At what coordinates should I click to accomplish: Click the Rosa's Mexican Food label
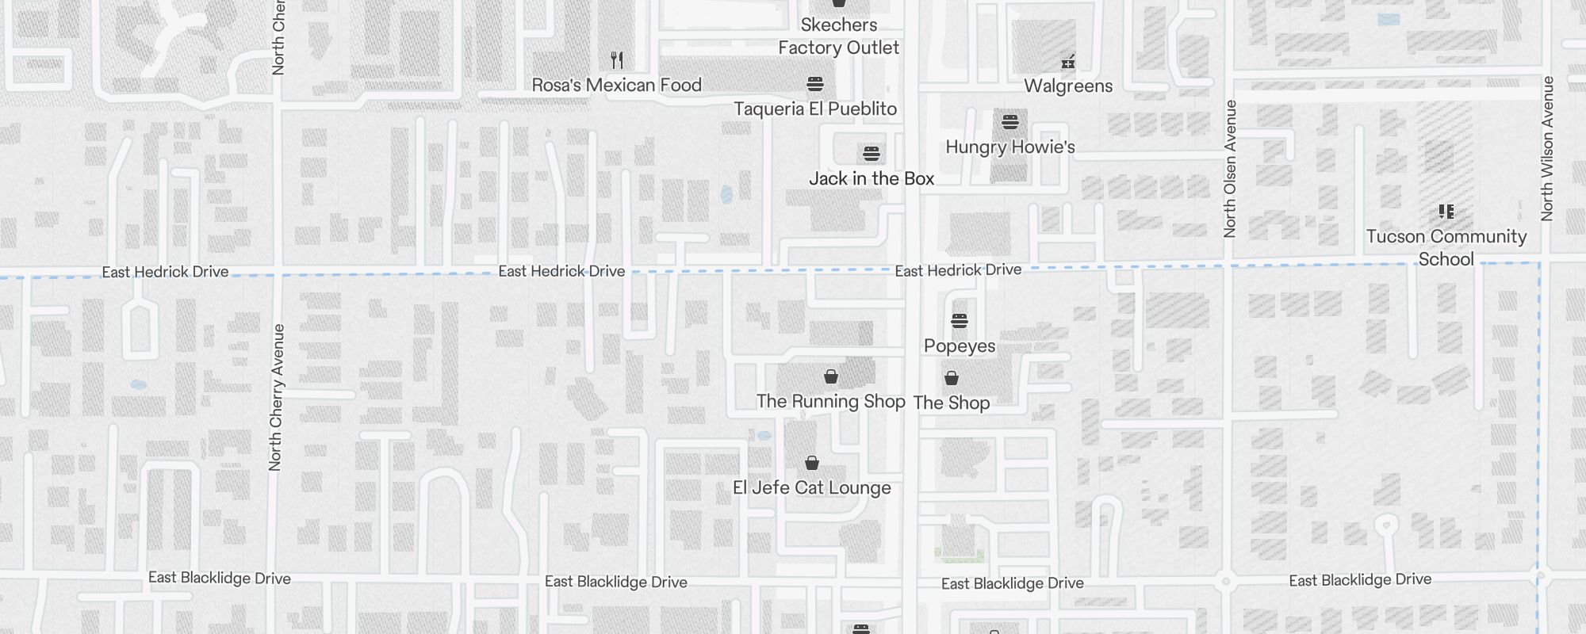[616, 85]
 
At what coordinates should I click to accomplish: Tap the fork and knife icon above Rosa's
[617, 59]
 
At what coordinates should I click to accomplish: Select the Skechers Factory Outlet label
[838, 36]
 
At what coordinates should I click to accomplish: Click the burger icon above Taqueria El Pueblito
[815, 83]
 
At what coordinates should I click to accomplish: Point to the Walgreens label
[1068, 86]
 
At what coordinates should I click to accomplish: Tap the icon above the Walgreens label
[1068, 61]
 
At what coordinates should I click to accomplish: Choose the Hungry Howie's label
[1010, 147]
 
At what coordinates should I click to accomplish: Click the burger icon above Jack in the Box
[872, 153]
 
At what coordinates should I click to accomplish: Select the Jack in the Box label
[872, 178]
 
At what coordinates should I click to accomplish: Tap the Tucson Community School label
[1446, 247]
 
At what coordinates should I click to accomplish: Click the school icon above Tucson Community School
[1446, 212]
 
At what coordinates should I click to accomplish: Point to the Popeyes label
[960, 346]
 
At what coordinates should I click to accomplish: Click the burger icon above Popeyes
[960, 321]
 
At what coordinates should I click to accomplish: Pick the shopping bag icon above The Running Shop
[831, 376]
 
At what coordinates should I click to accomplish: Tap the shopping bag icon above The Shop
[952, 378]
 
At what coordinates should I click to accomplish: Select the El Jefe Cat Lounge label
[811, 487]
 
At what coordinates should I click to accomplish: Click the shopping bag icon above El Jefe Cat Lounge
[812, 462]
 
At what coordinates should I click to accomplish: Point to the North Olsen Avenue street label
[1230, 169]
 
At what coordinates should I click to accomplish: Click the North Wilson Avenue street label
[1547, 148]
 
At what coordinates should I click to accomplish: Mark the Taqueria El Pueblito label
[815, 109]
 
